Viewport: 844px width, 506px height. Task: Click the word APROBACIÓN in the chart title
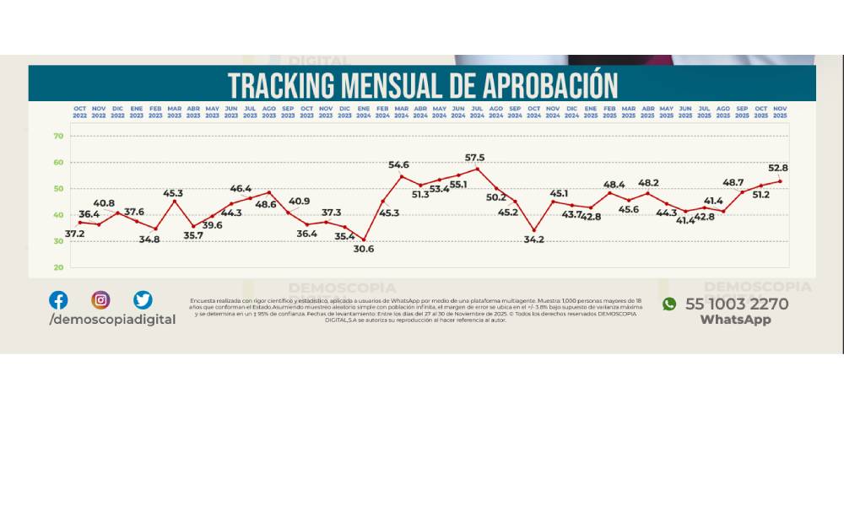click(551, 85)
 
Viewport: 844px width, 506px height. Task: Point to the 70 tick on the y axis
click(59, 136)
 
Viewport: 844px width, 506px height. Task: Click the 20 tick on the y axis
click(59, 267)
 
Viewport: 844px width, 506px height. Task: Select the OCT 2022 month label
click(80, 111)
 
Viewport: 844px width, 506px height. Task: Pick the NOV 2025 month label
click(780, 111)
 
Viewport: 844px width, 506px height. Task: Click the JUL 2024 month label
click(477, 111)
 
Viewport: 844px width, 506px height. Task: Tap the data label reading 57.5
click(474, 158)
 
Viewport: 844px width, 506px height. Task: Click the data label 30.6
click(364, 250)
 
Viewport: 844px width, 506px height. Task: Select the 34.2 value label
click(533, 240)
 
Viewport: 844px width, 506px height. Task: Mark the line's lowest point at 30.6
click(364, 240)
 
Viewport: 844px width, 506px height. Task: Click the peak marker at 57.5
click(478, 169)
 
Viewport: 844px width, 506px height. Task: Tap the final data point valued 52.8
click(780, 181)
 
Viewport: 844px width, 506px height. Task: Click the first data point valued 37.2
click(80, 222)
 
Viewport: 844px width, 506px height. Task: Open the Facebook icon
click(58, 299)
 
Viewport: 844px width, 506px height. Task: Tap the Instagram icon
click(100, 299)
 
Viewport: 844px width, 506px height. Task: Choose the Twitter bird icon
click(143, 299)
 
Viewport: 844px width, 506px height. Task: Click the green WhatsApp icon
click(669, 304)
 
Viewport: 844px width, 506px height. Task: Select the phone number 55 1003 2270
click(737, 304)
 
